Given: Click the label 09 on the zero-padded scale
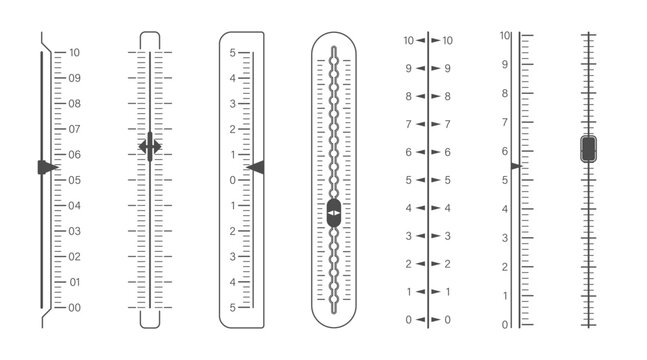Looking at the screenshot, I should (x=74, y=77).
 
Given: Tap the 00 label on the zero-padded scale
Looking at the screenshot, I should (x=74, y=308).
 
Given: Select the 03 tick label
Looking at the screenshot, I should (x=74, y=231).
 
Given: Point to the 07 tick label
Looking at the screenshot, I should (x=74, y=129).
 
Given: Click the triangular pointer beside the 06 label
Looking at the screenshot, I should (x=46, y=167).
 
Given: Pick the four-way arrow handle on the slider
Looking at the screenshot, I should (x=150, y=147).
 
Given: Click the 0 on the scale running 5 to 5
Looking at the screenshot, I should (x=232, y=180).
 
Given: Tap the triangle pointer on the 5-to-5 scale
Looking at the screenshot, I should (x=256, y=168).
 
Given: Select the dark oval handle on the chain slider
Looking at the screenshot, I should (x=334, y=212).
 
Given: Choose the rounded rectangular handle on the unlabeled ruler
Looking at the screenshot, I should (x=589, y=149).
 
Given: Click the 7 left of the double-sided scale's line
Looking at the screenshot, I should (x=408, y=124).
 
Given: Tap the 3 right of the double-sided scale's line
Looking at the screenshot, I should (x=446, y=236).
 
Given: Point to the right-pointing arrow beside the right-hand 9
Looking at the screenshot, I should (x=435, y=68).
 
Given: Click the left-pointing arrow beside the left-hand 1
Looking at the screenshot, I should (x=420, y=292).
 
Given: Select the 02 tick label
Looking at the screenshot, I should (x=74, y=257).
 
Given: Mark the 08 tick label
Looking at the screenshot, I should (x=74, y=103).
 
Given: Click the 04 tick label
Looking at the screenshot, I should (x=74, y=205).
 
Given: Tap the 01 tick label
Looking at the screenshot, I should (x=74, y=283).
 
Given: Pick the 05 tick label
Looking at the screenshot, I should (x=74, y=180).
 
